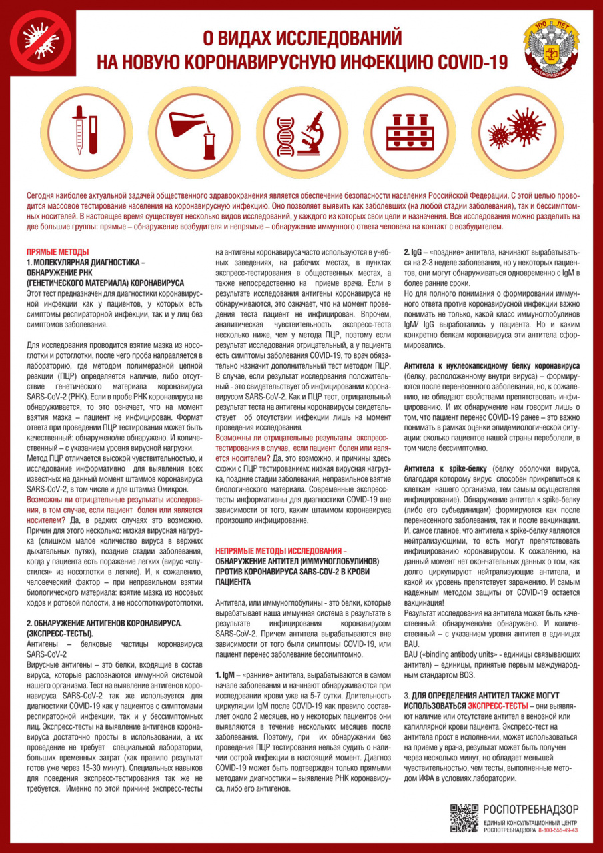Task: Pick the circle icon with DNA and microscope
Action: tap(302, 131)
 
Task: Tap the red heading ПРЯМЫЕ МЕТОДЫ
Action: tap(57, 252)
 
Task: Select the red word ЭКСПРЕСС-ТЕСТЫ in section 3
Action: tap(496, 704)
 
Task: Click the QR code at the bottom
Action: tap(464, 818)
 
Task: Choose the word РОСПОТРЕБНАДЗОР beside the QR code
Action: tap(531, 809)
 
